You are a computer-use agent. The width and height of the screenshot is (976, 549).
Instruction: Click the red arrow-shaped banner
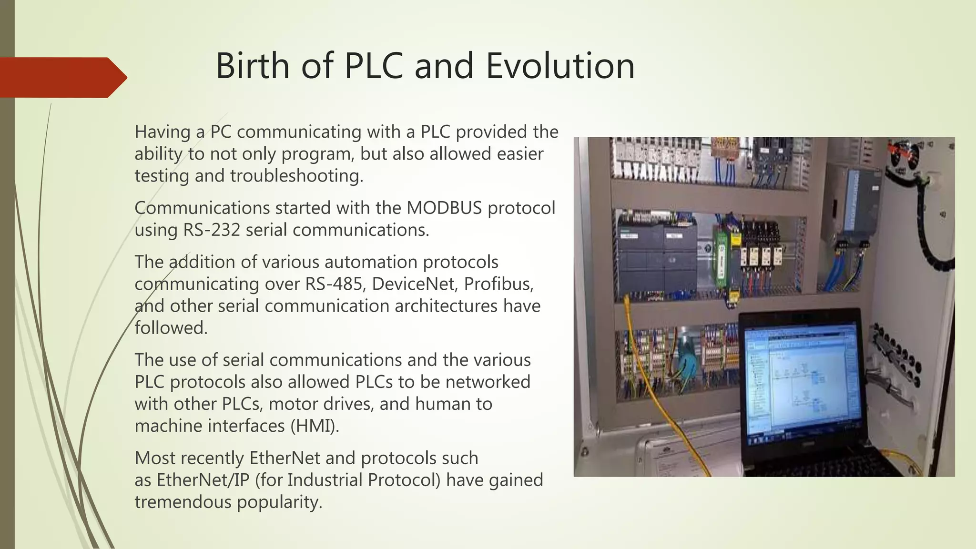pos(62,77)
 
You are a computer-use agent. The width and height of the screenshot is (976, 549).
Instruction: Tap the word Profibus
pos(498,284)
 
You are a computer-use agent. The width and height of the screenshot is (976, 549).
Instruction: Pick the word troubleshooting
pos(296,176)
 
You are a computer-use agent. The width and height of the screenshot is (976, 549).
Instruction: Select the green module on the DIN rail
pos(722,262)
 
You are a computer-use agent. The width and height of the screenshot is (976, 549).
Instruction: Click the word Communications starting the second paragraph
pos(202,208)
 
